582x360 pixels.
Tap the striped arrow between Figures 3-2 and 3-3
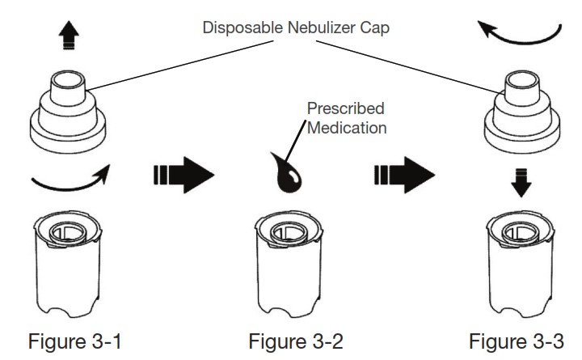tap(404, 173)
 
